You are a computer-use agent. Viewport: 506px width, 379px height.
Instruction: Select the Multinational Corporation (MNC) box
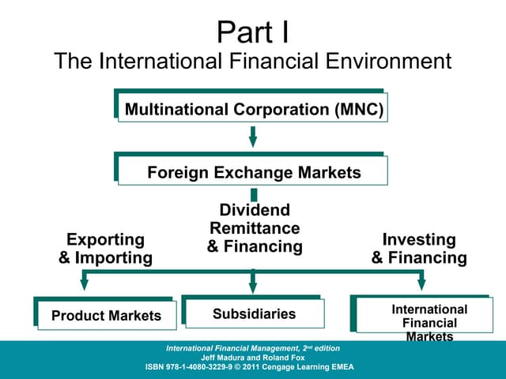(x=253, y=109)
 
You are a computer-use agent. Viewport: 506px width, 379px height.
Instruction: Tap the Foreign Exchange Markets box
(x=253, y=172)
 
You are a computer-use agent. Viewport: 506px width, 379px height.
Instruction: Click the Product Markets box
(x=106, y=316)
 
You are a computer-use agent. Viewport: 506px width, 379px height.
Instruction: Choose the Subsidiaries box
(x=254, y=313)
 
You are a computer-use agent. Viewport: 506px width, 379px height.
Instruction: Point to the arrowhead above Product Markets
(x=85, y=282)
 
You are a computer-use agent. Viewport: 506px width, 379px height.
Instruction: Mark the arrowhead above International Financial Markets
(x=421, y=282)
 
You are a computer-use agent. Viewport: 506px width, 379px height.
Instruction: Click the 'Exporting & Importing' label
(x=105, y=249)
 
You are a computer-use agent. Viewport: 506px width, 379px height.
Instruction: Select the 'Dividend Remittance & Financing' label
(x=255, y=228)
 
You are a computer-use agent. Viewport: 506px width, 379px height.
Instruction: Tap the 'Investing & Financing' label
(x=419, y=249)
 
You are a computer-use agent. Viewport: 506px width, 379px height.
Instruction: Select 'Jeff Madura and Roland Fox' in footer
(x=253, y=358)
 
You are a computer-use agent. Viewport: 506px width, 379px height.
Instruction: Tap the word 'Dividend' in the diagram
(x=255, y=210)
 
